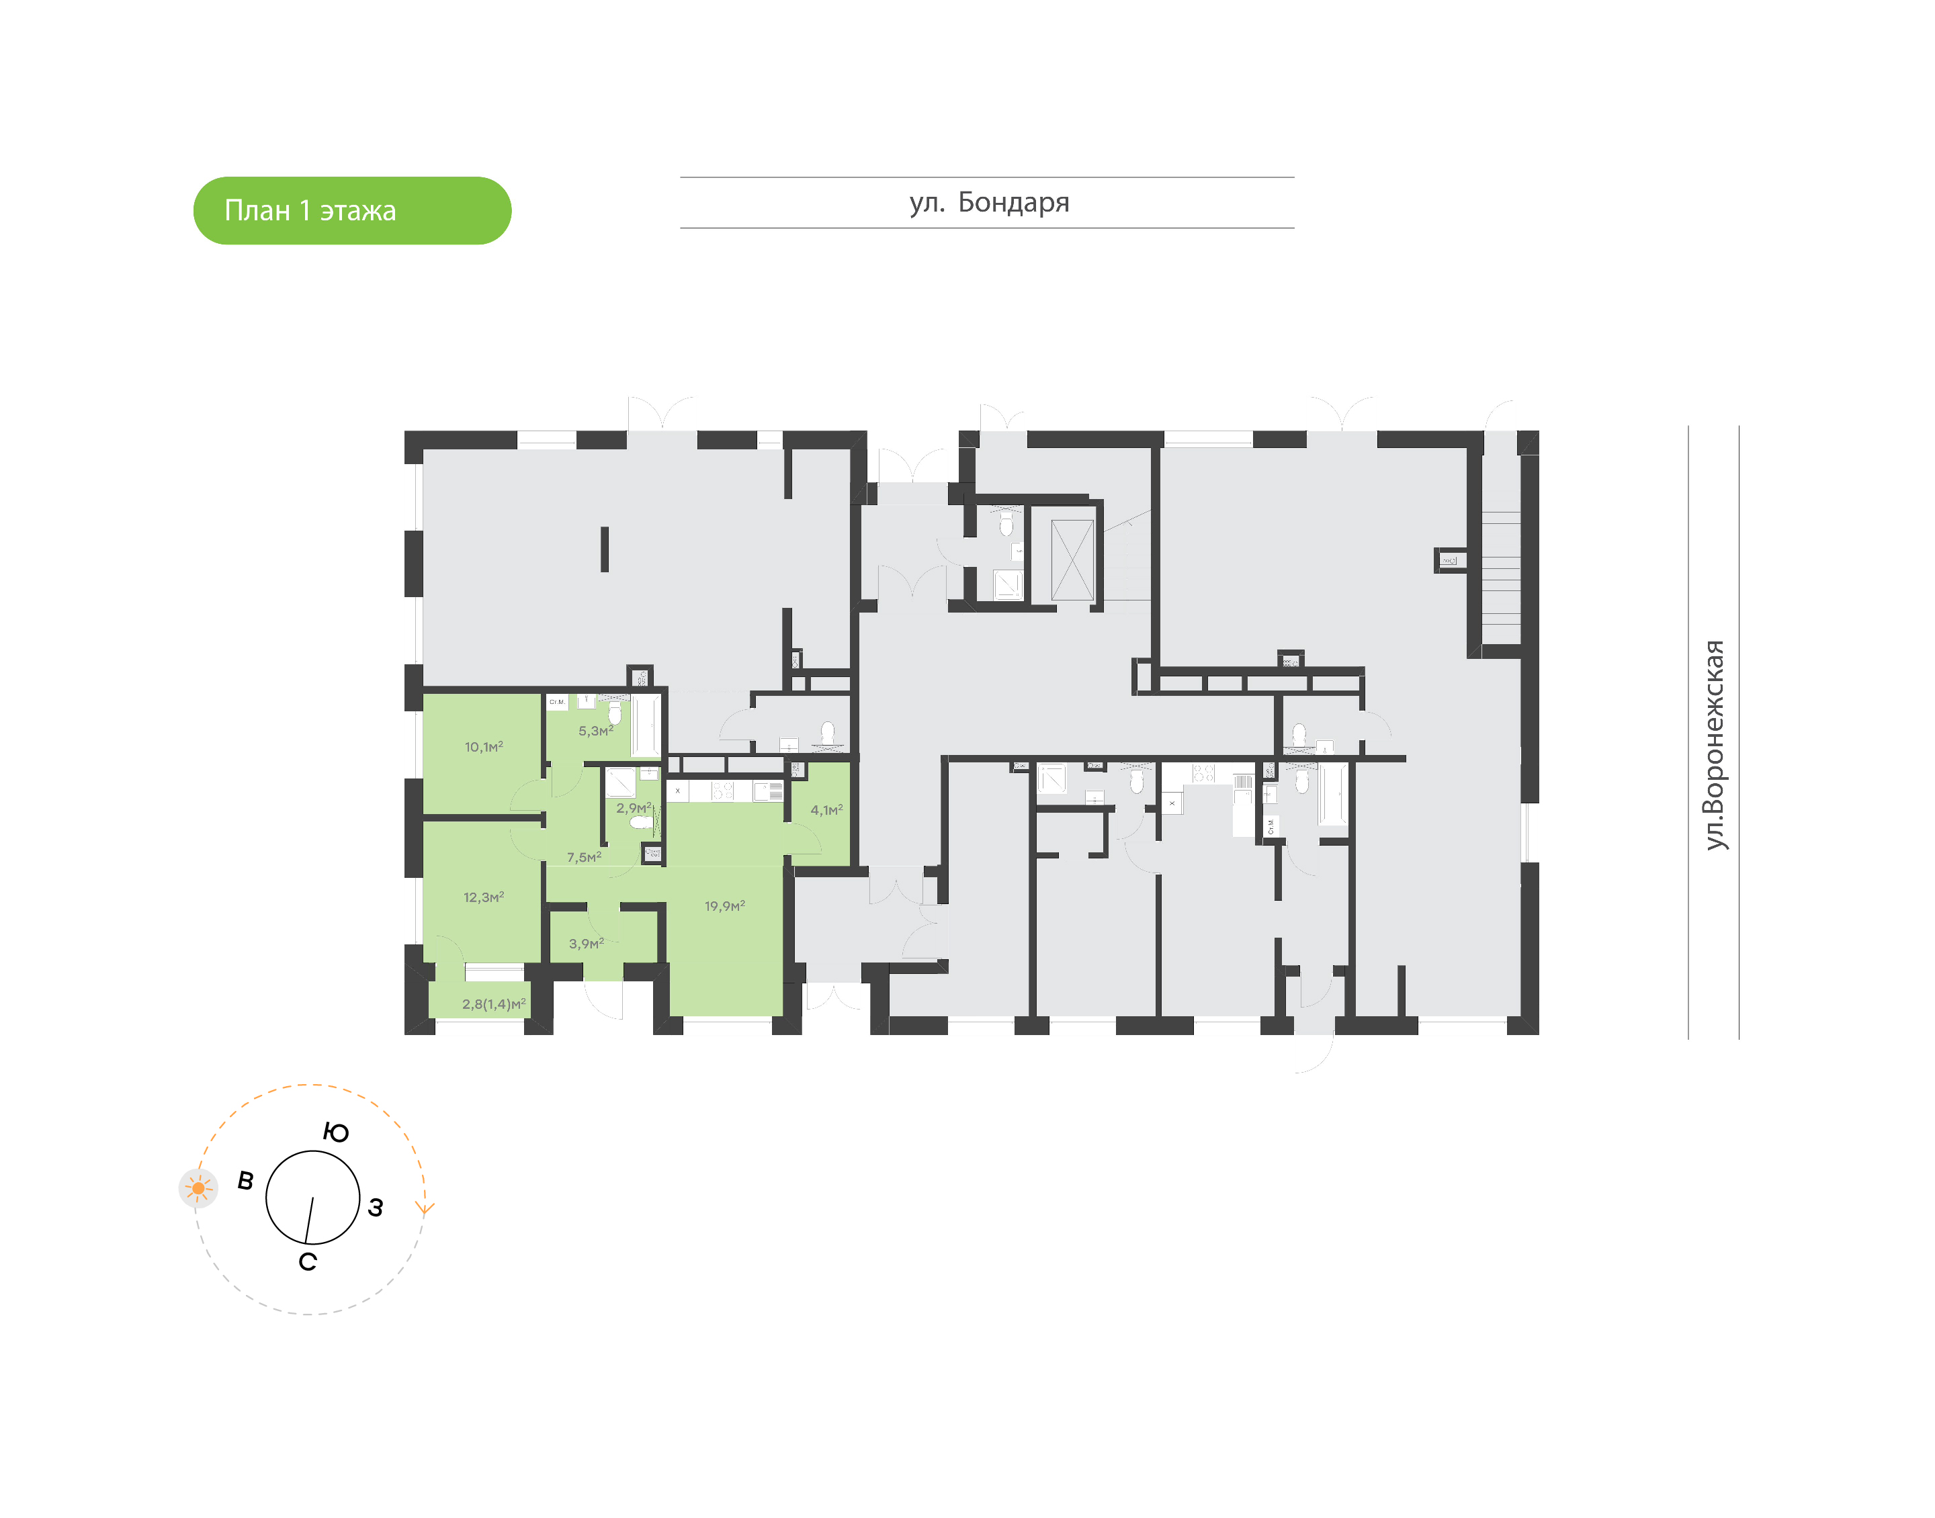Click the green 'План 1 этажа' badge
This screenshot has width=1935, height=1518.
(352, 211)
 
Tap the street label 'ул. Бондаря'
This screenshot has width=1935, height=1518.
(988, 203)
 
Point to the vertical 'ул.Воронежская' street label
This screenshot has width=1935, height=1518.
(1715, 745)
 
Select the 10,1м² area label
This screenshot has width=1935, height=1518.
(484, 746)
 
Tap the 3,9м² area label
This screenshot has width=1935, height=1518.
(586, 944)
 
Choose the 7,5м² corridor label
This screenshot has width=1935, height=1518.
(584, 858)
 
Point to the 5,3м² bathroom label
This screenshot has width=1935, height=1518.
(595, 731)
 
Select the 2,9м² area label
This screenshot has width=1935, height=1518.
(633, 808)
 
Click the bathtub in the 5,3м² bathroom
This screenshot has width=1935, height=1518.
(646, 725)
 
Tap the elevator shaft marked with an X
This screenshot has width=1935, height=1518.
(1072, 560)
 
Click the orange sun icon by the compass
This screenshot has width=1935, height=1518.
(198, 1188)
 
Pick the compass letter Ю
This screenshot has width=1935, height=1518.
(336, 1133)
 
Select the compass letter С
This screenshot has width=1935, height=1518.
(308, 1263)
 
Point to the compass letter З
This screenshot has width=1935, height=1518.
(376, 1208)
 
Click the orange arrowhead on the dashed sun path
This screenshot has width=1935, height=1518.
(425, 1209)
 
